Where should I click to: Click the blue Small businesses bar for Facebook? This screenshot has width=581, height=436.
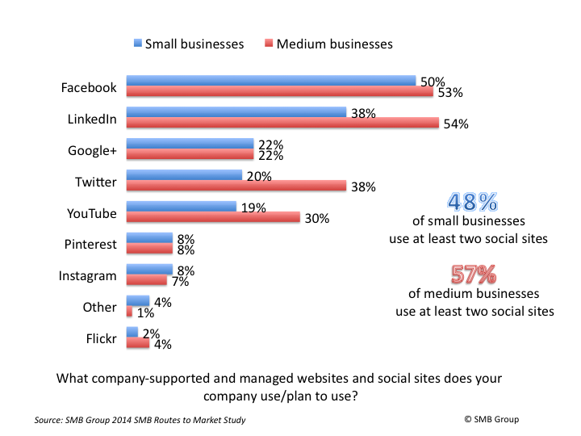click(270, 81)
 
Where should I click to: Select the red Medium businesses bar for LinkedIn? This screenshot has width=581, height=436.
click(282, 124)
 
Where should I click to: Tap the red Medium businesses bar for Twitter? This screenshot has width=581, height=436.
click(236, 186)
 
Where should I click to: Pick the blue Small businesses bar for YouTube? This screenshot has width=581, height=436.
click(181, 206)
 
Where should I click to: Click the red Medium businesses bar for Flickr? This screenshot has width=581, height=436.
click(138, 343)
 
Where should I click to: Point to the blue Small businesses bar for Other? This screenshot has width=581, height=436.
click(138, 300)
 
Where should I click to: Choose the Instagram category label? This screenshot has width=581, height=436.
click(87, 276)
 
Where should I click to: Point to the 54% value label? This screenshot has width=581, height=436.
click(456, 124)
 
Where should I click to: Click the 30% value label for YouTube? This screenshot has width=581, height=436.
click(317, 218)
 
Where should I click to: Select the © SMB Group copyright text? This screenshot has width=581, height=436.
click(492, 419)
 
